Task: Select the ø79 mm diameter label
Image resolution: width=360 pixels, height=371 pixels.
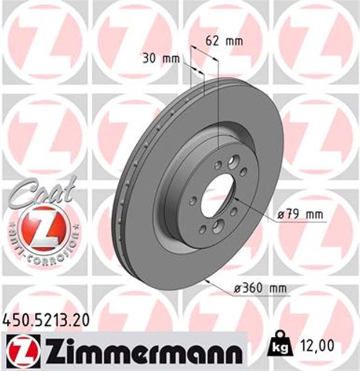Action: pyautogui.click(x=301, y=215)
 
